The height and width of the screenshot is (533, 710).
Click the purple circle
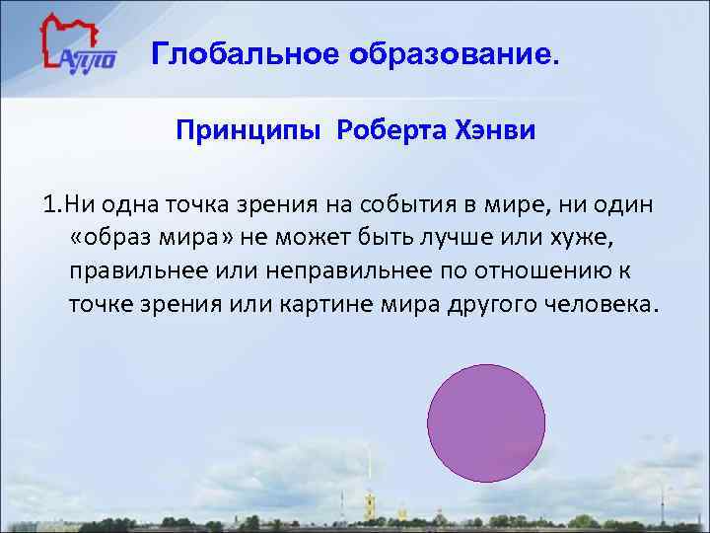coord(486,422)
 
